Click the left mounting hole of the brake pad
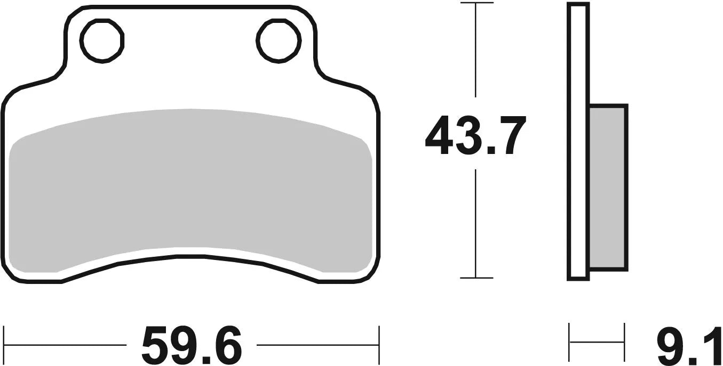click(102, 40)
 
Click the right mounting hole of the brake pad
click(278, 40)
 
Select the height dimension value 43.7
click(475, 136)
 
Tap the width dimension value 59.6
click(192, 345)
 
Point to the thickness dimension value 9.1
click(688, 345)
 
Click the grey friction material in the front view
click(191, 192)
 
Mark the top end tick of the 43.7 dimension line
click(476, 3)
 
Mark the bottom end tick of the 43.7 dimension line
click(476, 278)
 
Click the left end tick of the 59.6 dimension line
click(4, 345)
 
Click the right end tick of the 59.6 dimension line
click(378, 345)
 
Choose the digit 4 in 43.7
click(441, 136)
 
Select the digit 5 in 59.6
click(158, 345)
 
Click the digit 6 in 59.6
click(226, 345)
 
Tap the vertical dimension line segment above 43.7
click(476, 53)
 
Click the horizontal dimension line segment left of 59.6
click(64, 345)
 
